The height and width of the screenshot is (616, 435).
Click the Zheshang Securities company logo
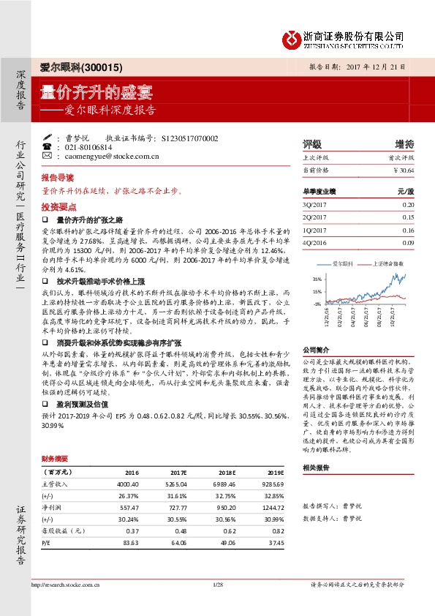coord(292,38)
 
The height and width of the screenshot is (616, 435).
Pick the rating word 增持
coord(404,143)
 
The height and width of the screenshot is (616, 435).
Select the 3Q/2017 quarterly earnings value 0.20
coord(408,206)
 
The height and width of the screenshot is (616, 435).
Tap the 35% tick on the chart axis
coord(317,279)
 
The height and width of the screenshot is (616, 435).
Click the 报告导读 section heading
coord(58,178)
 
